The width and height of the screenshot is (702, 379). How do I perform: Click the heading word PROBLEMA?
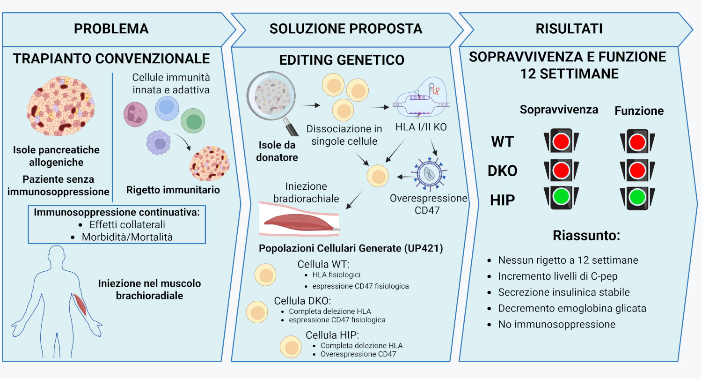111,29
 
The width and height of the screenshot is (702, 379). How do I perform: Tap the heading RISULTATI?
569,29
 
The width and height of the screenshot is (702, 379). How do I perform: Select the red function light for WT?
637,142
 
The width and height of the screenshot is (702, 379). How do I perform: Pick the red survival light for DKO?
561,170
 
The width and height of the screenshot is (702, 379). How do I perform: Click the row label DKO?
502,171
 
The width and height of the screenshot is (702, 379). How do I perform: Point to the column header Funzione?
639,111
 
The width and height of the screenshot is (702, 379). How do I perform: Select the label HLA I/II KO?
421,127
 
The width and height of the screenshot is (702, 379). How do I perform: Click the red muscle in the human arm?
80,305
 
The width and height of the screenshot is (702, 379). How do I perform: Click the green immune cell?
193,121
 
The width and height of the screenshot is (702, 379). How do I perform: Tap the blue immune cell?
167,108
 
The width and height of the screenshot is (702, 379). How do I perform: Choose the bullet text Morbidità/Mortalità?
127,237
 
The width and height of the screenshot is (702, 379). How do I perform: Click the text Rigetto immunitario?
173,190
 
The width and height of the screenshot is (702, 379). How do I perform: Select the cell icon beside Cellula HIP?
291,347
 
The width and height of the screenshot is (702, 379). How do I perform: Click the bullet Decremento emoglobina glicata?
572,308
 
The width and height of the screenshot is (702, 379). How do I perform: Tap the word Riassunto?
586,236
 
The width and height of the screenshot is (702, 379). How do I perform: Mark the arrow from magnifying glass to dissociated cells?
311,105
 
